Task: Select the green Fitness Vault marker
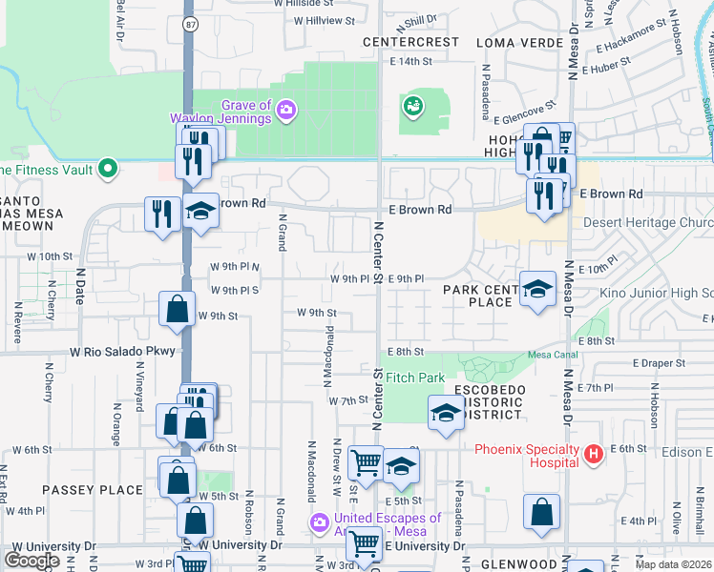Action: pos(108,170)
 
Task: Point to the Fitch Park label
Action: pos(416,378)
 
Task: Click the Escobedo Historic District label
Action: pos(488,403)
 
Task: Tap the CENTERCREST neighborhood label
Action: pos(410,43)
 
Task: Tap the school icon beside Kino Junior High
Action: pos(538,288)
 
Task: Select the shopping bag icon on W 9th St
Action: pos(177,309)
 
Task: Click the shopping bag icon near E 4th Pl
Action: pos(541,510)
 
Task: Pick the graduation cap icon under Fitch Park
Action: pos(445,414)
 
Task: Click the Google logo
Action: pos(31,561)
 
